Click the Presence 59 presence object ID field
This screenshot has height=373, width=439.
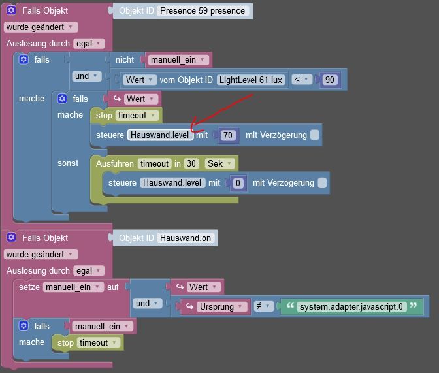click(x=203, y=11)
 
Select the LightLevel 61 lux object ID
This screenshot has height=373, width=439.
click(x=251, y=80)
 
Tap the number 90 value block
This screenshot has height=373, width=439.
click(x=329, y=80)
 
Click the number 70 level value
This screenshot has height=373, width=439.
click(x=227, y=135)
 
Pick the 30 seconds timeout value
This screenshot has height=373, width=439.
click(x=191, y=163)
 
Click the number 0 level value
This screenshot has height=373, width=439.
click(x=238, y=183)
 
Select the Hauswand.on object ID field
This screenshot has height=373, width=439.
click(x=186, y=238)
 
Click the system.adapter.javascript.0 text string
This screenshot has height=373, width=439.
click(x=351, y=306)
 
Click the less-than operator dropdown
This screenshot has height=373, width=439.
click(x=301, y=80)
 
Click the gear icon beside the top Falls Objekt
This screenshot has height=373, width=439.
click(x=12, y=11)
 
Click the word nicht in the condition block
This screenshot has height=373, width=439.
click(x=125, y=60)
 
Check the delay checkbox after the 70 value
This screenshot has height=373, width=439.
click(x=315, y=135)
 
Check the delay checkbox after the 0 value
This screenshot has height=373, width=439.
click(x=322, y=183)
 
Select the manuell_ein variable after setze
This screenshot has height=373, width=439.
click(x=73, y=287)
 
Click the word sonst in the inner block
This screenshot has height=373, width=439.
click(x=68, y=163)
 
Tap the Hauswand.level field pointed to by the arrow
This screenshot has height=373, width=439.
click(x=159, y=135)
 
